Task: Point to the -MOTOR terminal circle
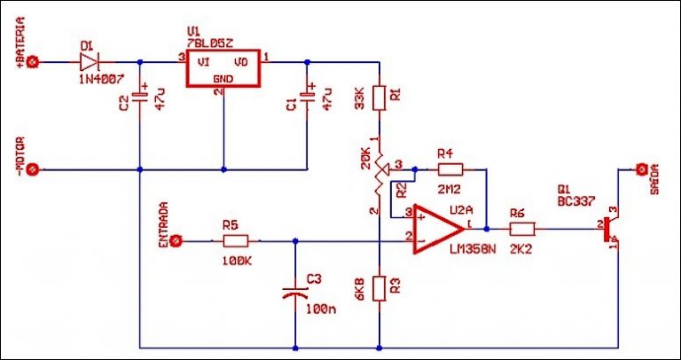pos(34,168)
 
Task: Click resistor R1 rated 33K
pos(379,98)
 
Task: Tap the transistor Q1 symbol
pos(612,230)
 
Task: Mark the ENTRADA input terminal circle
pos(176,240)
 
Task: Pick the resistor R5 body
pos(236,240)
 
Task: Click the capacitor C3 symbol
pos(294,293)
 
